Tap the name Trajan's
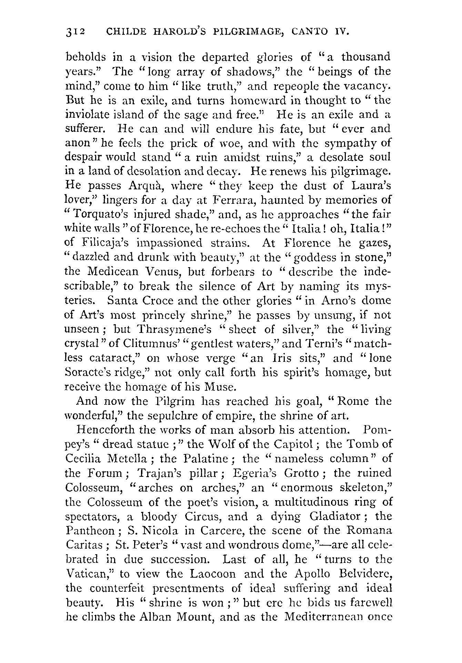tap(160, 473)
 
